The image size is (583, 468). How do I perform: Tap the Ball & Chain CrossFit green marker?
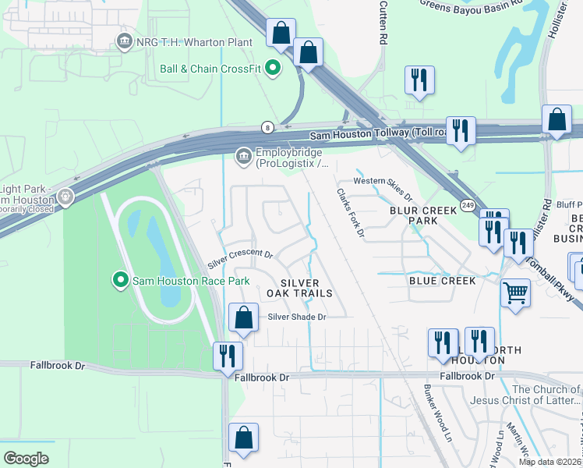click(273, 69)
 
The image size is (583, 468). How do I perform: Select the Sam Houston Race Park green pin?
click(119, 279)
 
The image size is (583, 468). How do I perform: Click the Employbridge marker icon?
click(243, 157)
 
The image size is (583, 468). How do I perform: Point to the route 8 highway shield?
click(267, 126)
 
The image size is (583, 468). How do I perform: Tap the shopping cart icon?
click(514, 294)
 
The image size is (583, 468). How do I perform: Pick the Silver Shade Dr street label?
click(296, 317)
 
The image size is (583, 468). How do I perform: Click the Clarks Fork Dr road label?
click(351, 213)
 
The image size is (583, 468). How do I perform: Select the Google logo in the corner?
click(26, 459)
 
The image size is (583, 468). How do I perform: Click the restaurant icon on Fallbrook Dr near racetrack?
click(228, 355)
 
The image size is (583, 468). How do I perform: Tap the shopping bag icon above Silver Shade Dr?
click(243, 317)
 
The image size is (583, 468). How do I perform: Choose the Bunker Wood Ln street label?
click(438, 413)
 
